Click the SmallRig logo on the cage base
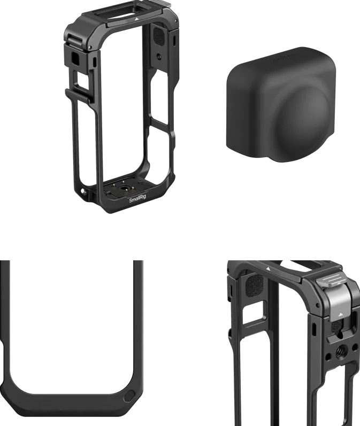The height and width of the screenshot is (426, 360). [137, 200]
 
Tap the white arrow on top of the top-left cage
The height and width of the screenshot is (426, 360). [136, 19]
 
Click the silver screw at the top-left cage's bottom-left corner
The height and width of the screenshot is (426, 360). [83, 191]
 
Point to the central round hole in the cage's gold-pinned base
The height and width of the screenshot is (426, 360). [125, 188]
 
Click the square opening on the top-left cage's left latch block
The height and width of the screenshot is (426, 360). [74, 58]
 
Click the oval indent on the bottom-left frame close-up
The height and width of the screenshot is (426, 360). [129, 396]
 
